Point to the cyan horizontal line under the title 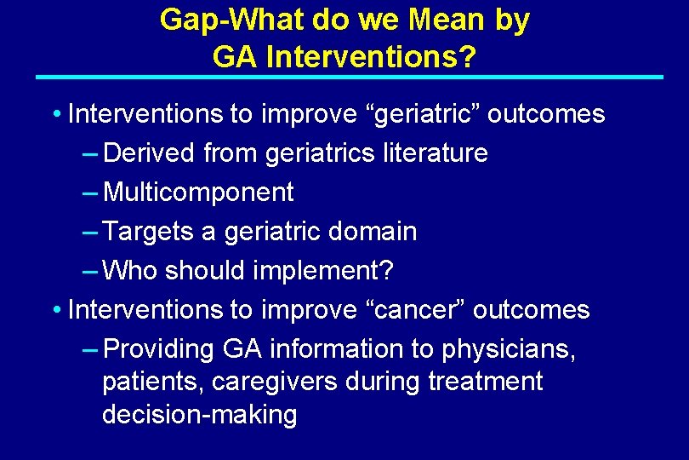349,78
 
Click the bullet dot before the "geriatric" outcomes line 55,114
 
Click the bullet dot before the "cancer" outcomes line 55,310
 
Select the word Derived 149,153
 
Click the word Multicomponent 198,193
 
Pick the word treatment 485,382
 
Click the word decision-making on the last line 199,415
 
